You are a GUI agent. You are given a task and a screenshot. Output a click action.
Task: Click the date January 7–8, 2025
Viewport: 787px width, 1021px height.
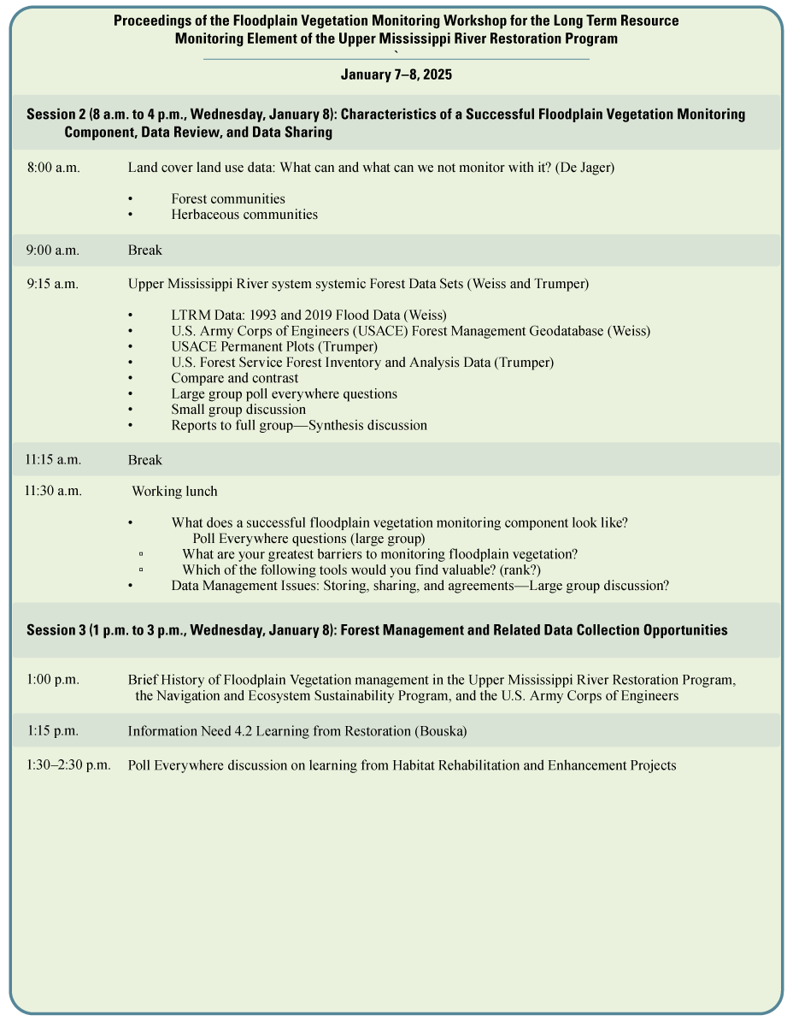tap(396, 75)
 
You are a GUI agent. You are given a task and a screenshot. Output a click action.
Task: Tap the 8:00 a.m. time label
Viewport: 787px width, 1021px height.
tap(53, 168)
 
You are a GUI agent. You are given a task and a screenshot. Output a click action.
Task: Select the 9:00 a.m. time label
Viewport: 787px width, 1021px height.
tap(52, 251)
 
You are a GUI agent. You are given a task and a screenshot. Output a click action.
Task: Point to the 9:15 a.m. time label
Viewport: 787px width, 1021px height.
tap(52, 284)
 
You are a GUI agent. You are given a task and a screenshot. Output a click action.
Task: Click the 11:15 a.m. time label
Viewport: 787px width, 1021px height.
tap(53, 460)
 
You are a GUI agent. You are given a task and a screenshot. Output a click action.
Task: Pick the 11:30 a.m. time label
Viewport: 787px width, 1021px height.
tap(53, 491)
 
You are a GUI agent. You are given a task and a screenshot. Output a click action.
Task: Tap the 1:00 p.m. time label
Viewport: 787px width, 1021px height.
tap(52, 680)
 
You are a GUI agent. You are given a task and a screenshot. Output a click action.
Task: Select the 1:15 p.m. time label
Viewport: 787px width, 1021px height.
tap(52, 731)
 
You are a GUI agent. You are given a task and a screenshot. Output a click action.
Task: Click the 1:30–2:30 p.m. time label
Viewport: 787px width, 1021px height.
tap(68, 765)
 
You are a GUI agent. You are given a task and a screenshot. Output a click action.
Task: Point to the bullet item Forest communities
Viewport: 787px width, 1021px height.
tap(228, 199)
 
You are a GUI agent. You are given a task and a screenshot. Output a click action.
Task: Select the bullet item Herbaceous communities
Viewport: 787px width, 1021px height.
tap(244, 215)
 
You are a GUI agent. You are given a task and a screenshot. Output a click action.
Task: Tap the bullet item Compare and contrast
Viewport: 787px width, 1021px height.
tap(235, 378)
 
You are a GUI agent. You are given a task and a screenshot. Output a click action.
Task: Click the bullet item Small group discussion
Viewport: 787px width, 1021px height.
tap(238, 410)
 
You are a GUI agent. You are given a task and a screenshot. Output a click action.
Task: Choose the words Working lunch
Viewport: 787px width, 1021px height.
tap(174, 492)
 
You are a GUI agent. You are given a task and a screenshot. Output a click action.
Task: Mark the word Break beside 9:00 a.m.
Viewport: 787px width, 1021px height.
tap(145, 251)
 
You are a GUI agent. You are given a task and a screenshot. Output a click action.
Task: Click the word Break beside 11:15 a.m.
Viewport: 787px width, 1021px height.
tap(145, 460)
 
